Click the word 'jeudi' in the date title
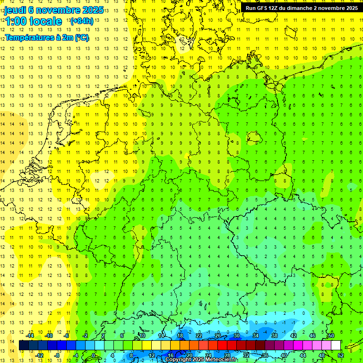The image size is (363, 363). (16, 10)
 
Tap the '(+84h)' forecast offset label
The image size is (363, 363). (81, 21)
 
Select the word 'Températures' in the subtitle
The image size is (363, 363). (29, 38)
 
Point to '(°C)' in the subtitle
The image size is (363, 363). (81, 38)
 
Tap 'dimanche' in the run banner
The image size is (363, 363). (304, 8)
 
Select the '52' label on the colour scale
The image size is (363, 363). (341, 355)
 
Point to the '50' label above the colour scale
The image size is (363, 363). (331, 336)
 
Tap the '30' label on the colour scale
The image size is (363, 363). (237, 336)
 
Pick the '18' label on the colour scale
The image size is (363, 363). (180, 336)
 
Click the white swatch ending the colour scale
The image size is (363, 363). (336, 346)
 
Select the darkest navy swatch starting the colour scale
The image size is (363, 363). (24, 346)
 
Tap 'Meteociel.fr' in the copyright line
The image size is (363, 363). (221, 360)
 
